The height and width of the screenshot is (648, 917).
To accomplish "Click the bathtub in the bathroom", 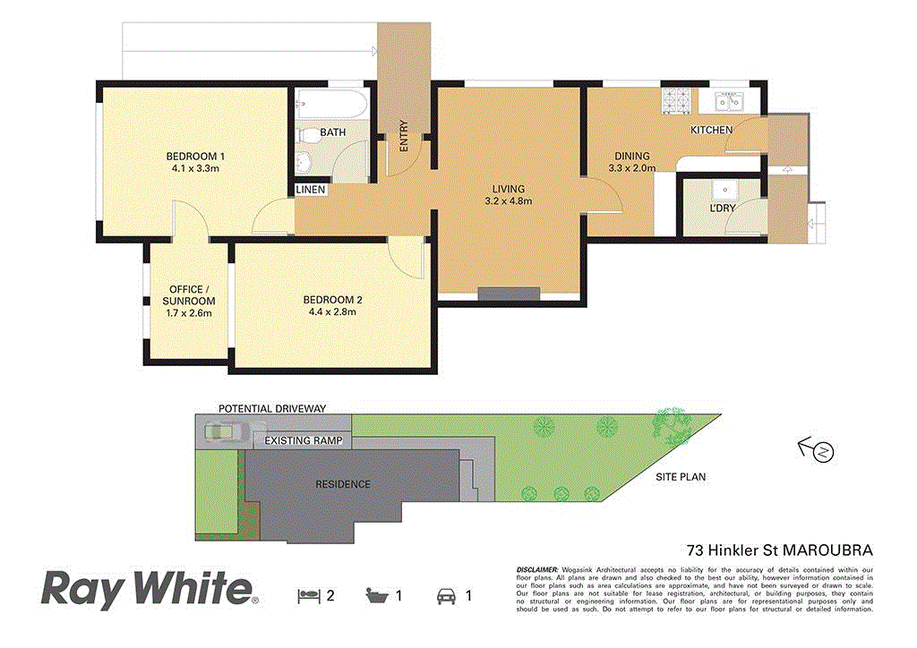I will tap(330, 107).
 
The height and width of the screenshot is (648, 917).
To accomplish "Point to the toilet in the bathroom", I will tap(307, 136).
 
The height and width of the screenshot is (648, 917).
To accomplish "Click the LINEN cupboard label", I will tap(311, 191).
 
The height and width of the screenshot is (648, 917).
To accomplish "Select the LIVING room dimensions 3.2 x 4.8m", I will tap(508, 201).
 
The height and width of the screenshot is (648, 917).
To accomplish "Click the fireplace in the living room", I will tap(508, 293).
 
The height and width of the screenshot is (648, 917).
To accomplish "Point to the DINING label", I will tap(631, 156).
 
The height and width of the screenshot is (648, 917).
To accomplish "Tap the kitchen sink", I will tap(729, 103).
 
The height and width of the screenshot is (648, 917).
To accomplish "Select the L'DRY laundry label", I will tap(722, 209).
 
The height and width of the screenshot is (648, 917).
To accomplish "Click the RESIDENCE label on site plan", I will tap(342, 484).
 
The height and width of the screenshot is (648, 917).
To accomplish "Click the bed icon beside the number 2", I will tap(307, 594).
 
